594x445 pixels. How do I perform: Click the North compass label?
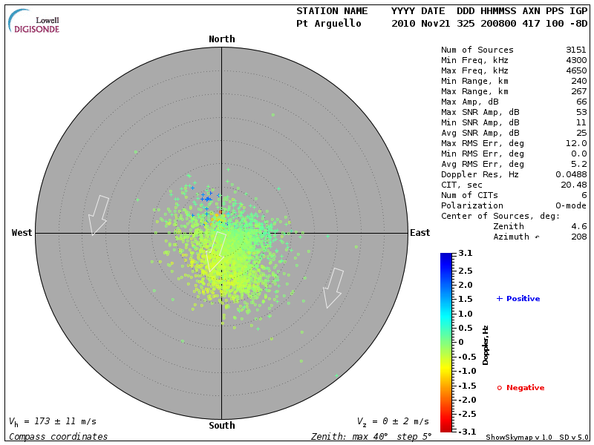tap(221, 39)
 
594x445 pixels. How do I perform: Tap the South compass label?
tap(221, 426)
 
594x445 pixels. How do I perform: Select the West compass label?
tap(22, 233)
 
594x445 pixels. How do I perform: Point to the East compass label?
tap(420, 233)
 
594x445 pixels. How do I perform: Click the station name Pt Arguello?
tap(328, 24)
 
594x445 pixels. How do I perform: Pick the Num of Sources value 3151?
tap(576, 50)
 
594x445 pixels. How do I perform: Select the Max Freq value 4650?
tap(576, 71)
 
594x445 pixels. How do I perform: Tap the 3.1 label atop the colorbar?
tap(466, 254)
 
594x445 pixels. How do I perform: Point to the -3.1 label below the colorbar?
tap(464, 431)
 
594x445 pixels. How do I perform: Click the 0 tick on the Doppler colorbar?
tap(461, 342)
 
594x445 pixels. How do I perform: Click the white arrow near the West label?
tap(98, 214)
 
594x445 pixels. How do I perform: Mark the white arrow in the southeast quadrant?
tap(333, 287)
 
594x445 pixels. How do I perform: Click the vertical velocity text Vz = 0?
tap(392, 421)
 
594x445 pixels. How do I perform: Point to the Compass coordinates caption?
tap(59, 437)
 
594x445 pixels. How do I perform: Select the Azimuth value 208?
tap(579, 237)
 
